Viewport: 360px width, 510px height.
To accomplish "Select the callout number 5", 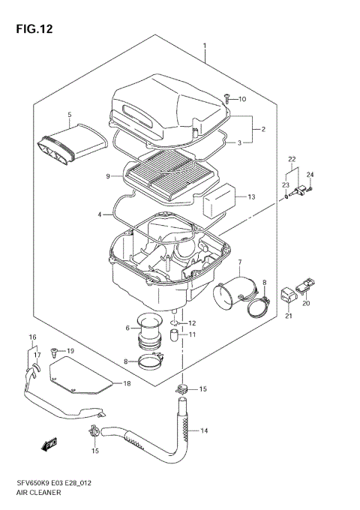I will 69,115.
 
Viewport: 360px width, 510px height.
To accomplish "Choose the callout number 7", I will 239,262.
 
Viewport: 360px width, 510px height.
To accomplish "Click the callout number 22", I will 292,158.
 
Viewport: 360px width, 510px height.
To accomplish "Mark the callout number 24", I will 310,175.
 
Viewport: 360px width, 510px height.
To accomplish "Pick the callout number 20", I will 305,303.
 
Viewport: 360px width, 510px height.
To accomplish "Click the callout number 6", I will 127,328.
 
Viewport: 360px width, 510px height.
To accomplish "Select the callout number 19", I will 70,351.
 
